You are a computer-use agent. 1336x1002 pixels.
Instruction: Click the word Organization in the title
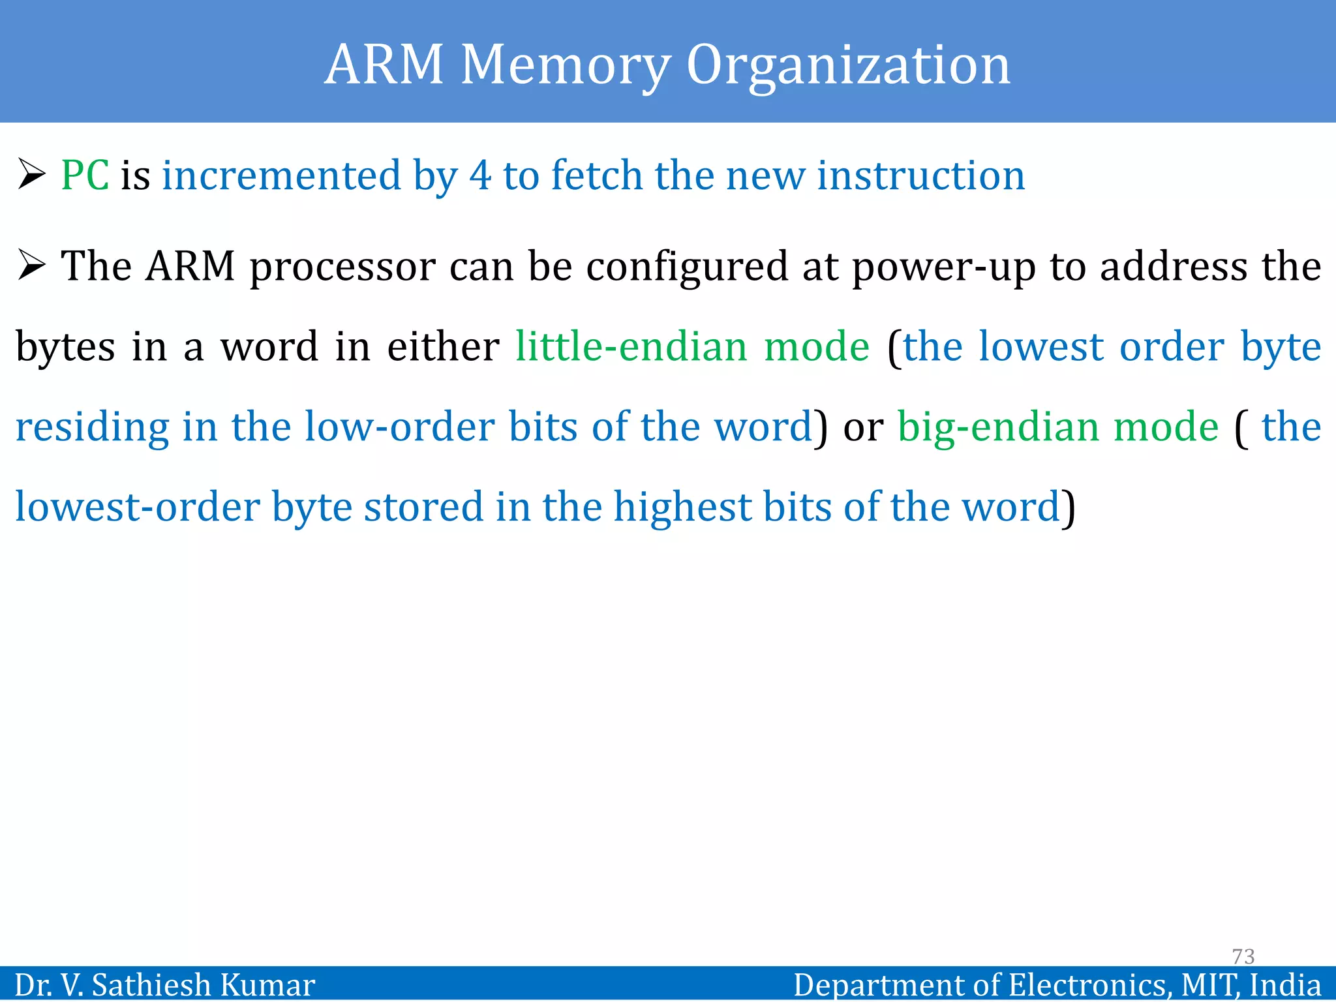848,65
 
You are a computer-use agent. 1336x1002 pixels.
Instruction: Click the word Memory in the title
565,65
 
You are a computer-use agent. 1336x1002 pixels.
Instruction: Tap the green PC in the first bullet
85,175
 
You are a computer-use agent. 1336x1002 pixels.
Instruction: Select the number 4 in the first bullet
480,175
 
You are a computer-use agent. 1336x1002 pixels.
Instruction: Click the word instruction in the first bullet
920,175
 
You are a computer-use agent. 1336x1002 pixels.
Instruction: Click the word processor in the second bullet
342,267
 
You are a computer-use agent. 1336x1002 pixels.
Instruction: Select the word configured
687,267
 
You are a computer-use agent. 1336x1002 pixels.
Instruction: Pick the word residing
92,427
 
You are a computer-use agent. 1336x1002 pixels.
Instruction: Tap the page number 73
1243,956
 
